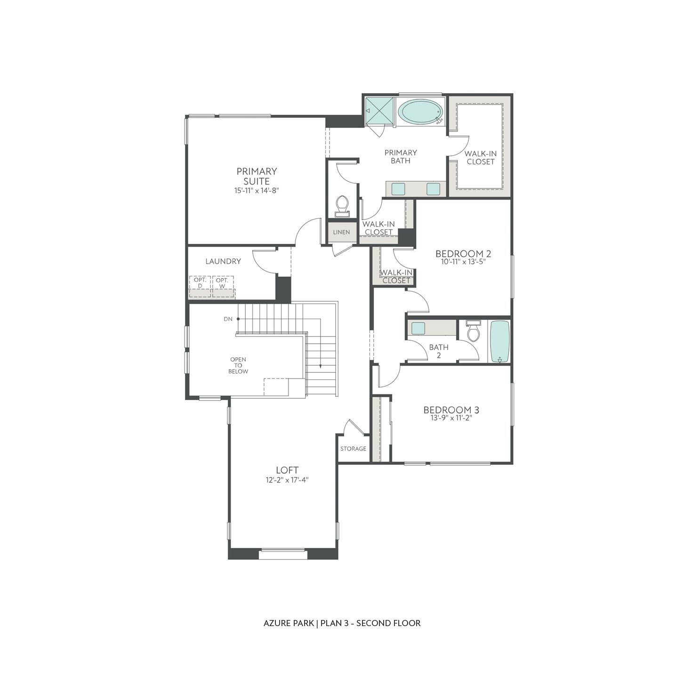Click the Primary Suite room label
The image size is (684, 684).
[x=257, y=176]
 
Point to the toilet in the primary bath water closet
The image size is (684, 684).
[x=342, y=205]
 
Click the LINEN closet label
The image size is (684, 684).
[x=341, y=232]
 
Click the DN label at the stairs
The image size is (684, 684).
[x=228, y=319]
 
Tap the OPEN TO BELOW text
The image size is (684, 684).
[x=238, y=365]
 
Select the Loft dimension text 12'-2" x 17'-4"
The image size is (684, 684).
[x=287, y=480]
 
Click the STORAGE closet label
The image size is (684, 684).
[x=353, y=449]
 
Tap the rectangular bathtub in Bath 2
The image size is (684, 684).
[x=499, y=341]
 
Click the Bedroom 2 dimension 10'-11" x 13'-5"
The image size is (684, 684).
[x=463, y=262]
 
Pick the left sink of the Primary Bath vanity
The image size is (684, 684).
[x=398, y=189]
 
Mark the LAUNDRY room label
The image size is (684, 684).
[x=223, y=261]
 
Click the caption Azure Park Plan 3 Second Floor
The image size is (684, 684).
[x=342, y=623]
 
